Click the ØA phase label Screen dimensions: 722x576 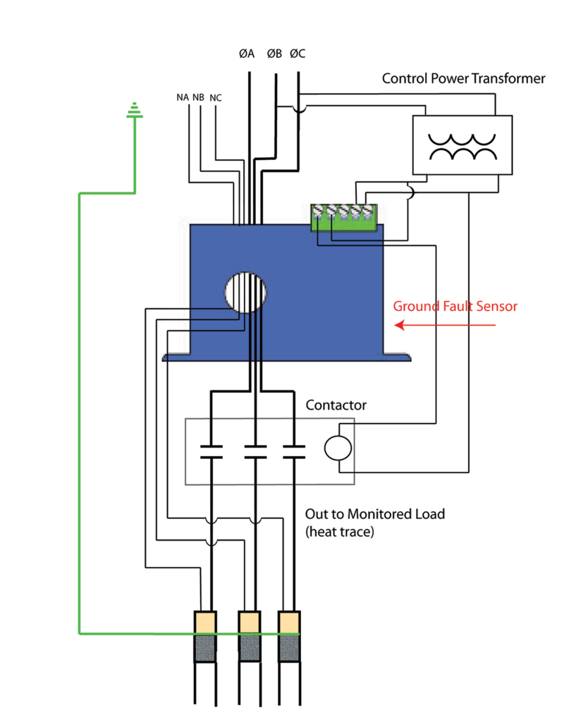[246, 54]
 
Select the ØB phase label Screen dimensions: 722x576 [274, 54]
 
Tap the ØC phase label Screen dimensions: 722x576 [298, 54]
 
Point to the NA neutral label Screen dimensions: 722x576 [183, 97]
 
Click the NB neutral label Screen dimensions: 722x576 [198, 97]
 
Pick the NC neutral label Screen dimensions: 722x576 [216, 97]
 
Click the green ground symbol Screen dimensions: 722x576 [133, 111]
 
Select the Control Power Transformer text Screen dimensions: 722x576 [463, 78]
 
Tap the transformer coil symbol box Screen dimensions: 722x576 [462, 145]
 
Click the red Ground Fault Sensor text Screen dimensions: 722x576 [455, 307]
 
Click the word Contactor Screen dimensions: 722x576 [336, 405]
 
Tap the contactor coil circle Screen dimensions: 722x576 [336, 448]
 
